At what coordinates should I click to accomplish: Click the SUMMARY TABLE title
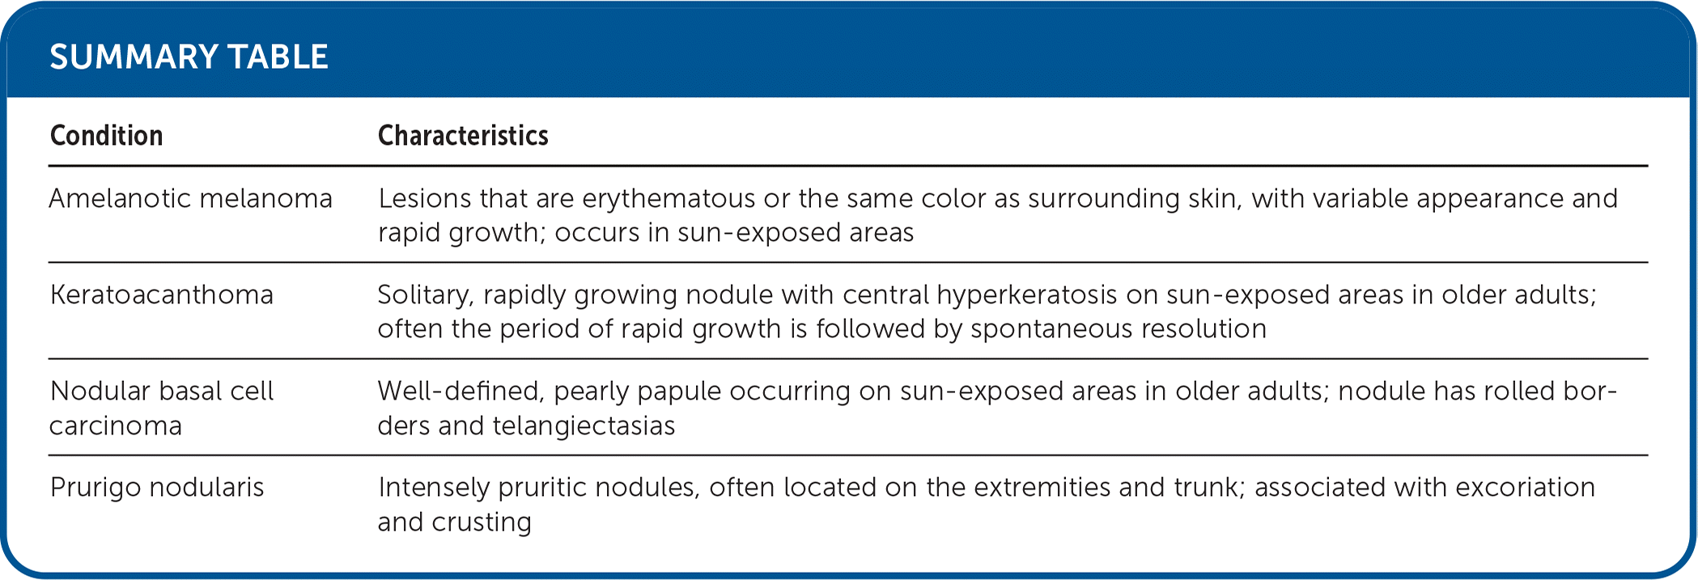[x=189, y=57]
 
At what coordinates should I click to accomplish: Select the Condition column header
[x=106, y=136]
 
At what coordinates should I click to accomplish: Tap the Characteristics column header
[x=463, y=136]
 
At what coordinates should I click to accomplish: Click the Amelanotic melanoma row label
[x=190, y=199]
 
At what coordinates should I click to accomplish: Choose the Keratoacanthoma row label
[x=161, y=295]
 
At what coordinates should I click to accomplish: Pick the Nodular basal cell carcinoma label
[x=161, y=409]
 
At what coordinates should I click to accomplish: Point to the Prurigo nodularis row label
[x=157, y=488]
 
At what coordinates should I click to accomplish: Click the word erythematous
[x=668, y=199]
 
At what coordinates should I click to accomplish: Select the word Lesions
[x=425, y=199]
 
